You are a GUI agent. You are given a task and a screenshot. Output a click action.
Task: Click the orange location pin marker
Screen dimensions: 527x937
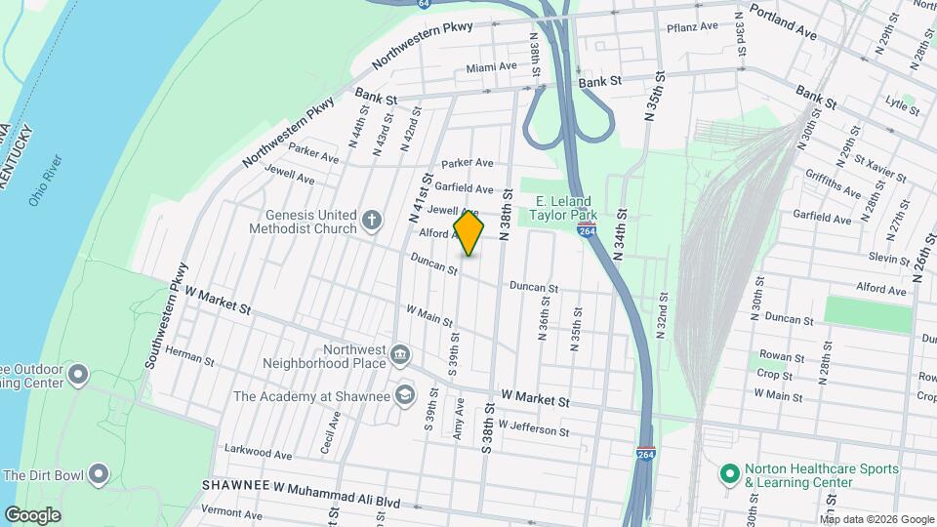coord(469,233)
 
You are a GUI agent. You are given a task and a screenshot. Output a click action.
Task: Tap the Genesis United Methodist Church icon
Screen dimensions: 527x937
coord(371,222)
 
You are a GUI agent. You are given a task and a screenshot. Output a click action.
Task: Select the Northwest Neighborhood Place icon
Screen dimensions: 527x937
coord(399,352)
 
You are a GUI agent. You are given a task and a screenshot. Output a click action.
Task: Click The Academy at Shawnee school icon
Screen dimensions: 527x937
coord(405,395)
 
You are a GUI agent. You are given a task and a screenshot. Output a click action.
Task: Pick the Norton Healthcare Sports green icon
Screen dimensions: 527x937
coord(728,475)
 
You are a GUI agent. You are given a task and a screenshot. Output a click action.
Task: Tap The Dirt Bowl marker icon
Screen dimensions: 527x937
coord(98,475)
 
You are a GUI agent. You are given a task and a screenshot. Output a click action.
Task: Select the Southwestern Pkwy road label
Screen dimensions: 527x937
coord(165,315)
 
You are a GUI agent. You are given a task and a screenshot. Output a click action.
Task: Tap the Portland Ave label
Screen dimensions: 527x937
coord(782,25)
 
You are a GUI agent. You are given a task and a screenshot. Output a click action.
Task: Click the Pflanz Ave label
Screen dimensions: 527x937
coord(693,27)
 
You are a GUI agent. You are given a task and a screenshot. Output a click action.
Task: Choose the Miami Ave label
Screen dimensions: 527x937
coord(491,67)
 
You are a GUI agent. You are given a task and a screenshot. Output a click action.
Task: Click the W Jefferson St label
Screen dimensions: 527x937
coord(533,428)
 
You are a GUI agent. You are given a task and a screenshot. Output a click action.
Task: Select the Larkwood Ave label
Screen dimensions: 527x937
coord(258,454)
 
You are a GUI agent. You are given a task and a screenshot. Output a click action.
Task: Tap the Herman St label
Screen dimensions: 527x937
coord(189,355)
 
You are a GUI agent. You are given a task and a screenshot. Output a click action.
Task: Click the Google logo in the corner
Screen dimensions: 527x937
coord(32,514)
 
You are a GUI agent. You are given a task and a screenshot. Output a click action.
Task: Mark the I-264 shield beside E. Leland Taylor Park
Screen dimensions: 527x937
coord(587,225)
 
